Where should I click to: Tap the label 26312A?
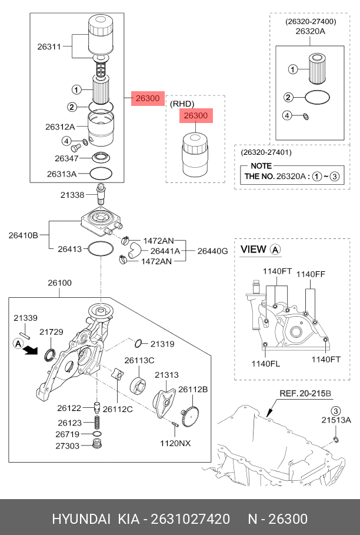[60, 127]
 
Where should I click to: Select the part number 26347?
[66, 158]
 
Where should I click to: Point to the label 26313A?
[62, 174]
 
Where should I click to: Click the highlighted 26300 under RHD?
[196, 116]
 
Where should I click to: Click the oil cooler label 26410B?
[23, 235]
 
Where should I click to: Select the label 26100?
[59, 283]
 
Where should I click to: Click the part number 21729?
[51, 332]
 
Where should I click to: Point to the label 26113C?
[139, 360]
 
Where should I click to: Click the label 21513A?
[336, 420]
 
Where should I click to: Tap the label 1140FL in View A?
[266, 363]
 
